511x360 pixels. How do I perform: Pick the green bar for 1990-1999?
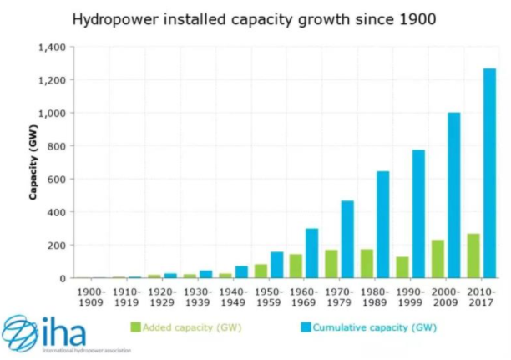point(402,267)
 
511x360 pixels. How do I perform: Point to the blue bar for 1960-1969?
point(311,253)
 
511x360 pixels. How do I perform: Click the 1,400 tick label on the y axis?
point(52,48)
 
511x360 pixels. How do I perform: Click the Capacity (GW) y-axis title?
point(34,163)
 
